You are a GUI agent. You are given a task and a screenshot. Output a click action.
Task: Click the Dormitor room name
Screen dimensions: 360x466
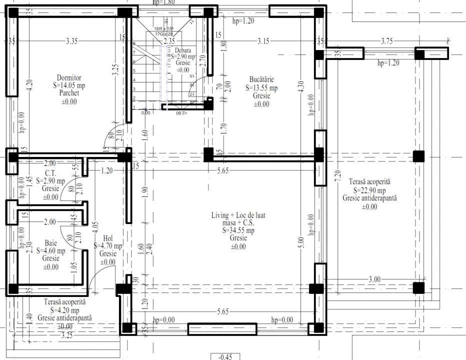coord(69,77)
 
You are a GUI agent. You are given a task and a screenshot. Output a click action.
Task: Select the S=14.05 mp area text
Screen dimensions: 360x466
coord(69,85)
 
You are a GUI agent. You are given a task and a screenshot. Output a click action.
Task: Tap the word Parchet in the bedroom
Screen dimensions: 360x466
coord(69,93)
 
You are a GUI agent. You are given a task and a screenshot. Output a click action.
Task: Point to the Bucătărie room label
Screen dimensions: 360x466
coord(261,79)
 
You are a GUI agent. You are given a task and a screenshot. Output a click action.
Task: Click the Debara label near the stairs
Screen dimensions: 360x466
coord(183,50)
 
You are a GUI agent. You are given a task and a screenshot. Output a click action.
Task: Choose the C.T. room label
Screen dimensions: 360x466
coord(50,173)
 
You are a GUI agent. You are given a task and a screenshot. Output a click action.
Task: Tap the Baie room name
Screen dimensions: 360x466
coord(50,242)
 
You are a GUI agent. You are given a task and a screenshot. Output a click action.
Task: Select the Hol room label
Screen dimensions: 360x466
coord(108,238)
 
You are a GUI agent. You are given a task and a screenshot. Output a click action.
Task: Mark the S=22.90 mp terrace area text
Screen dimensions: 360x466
coord(369,190)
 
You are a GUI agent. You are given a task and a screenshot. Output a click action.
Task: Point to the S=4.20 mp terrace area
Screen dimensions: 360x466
coord(65,310)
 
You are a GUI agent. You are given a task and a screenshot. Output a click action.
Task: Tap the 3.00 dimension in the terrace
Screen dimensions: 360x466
coord(374,279)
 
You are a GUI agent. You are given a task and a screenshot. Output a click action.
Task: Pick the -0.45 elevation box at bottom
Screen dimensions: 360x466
coord(226,356)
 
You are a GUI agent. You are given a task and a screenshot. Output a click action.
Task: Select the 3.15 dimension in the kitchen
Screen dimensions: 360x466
coord(263,41)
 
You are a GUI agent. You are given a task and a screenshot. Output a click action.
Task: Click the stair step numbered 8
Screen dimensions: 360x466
coord(134,44)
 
